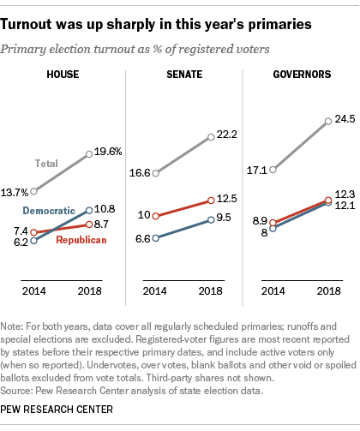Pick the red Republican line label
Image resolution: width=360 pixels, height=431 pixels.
[86, 240]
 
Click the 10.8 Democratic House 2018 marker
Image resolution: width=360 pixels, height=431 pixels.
[93, 209]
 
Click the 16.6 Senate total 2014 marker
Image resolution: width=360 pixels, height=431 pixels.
[155, 172]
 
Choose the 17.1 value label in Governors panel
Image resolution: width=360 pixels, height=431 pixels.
[256, 170]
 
